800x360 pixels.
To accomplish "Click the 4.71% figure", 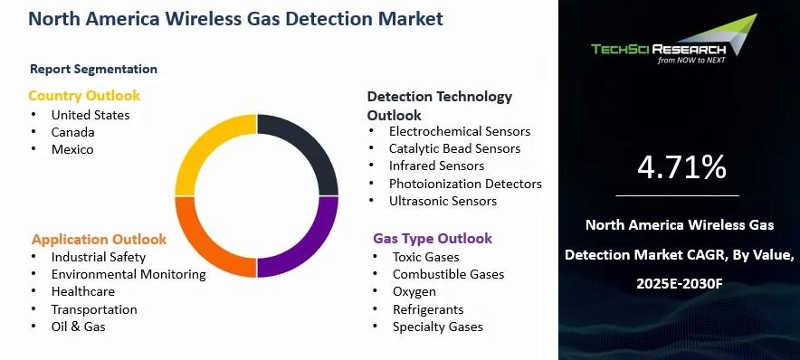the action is click(x=681, y=167).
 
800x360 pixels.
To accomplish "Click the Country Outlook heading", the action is click(x=84, y=96).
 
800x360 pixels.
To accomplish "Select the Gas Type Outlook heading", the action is click(x=433, y=239).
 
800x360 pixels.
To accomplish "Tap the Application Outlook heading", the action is click(x=99, y=240).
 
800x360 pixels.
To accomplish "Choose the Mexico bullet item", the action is click(x=72, y=149).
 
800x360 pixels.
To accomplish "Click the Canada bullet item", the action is click(x=73, y=132).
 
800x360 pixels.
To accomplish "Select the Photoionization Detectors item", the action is click(x=465, y=184).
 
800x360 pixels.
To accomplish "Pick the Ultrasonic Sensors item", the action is click(x=443, y=201).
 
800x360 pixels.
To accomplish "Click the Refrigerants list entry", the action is click(x=428, y=309).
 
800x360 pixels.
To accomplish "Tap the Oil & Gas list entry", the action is click(x=79, y=327).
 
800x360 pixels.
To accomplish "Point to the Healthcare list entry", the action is click(x=83, y=291).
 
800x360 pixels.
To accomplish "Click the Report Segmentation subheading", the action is click(x=94, y=69).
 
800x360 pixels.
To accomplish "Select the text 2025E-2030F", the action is click(x=680, y=284).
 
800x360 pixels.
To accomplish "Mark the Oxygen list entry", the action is click(x=414, y=292).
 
